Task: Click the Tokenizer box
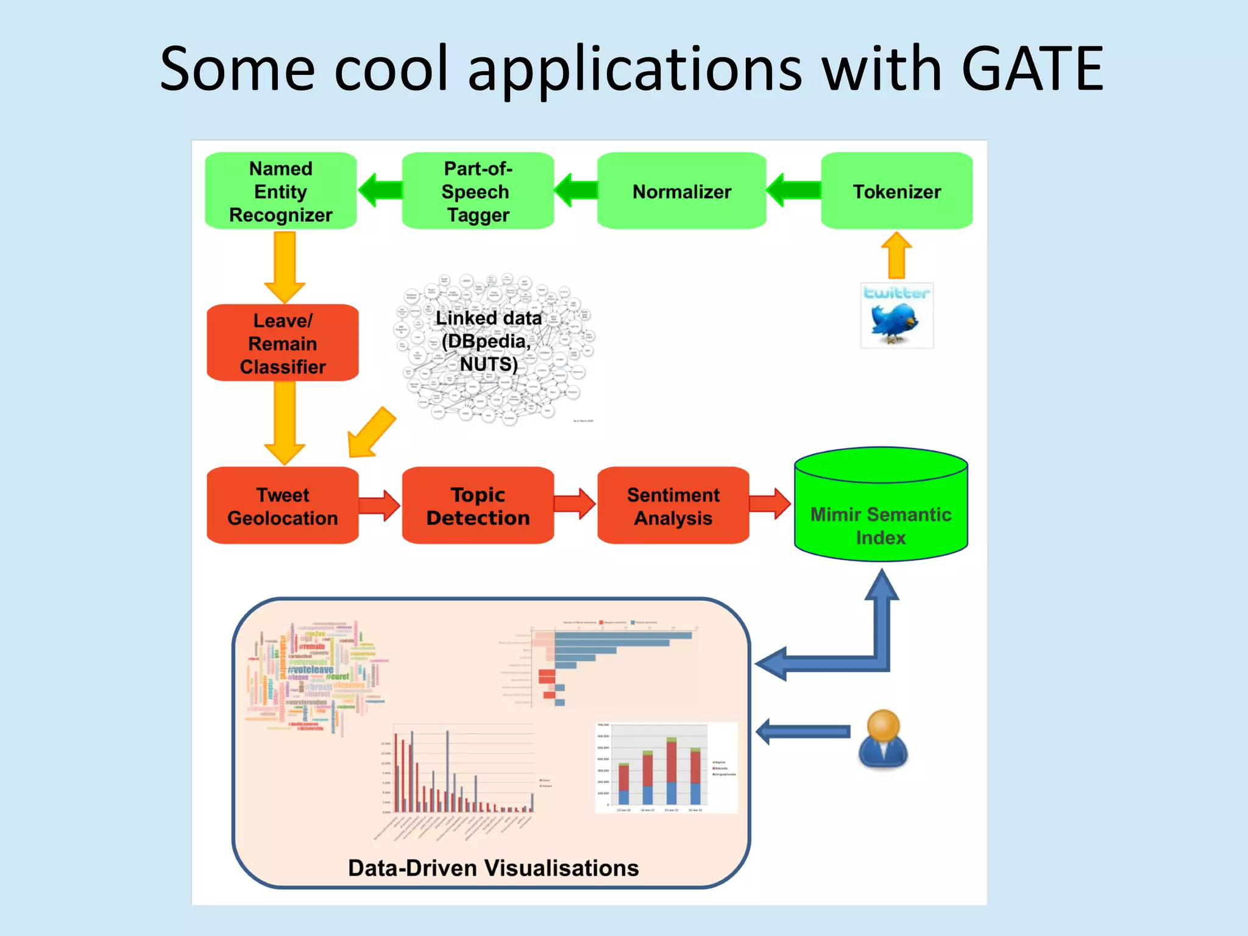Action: [x=896, y=191]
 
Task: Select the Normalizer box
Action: [x=681, y=191]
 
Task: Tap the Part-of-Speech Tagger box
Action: [x=478, y=191]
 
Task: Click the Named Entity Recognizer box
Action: [x=281, y=191]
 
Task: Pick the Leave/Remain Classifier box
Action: [x=283, y=343]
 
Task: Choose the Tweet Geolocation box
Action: [x=283, y=506]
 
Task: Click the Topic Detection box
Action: [x=478, y=506]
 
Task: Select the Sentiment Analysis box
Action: [x=673, y=506]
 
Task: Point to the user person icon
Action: [x=883, y=739]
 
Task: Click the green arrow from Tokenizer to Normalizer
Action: [x=793, y=191]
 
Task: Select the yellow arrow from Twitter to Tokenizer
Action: [x=896, y=255]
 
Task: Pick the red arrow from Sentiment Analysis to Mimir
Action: [x=770, y=504]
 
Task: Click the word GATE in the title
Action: [x=1032, y=69]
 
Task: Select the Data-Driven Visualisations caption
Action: [x=493, y=868]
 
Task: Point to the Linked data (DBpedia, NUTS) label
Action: [x=489, y=341]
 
